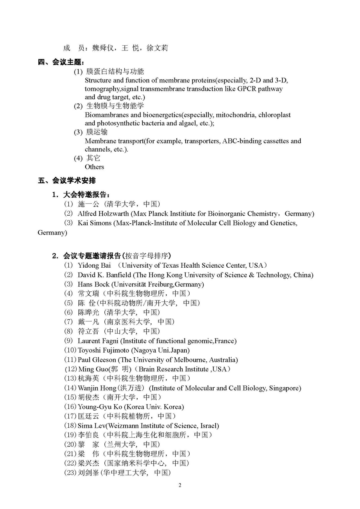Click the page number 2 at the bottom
point(180,486)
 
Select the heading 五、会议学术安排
point(67,181)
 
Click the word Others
point(94,167)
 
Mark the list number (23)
point(70,473)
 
